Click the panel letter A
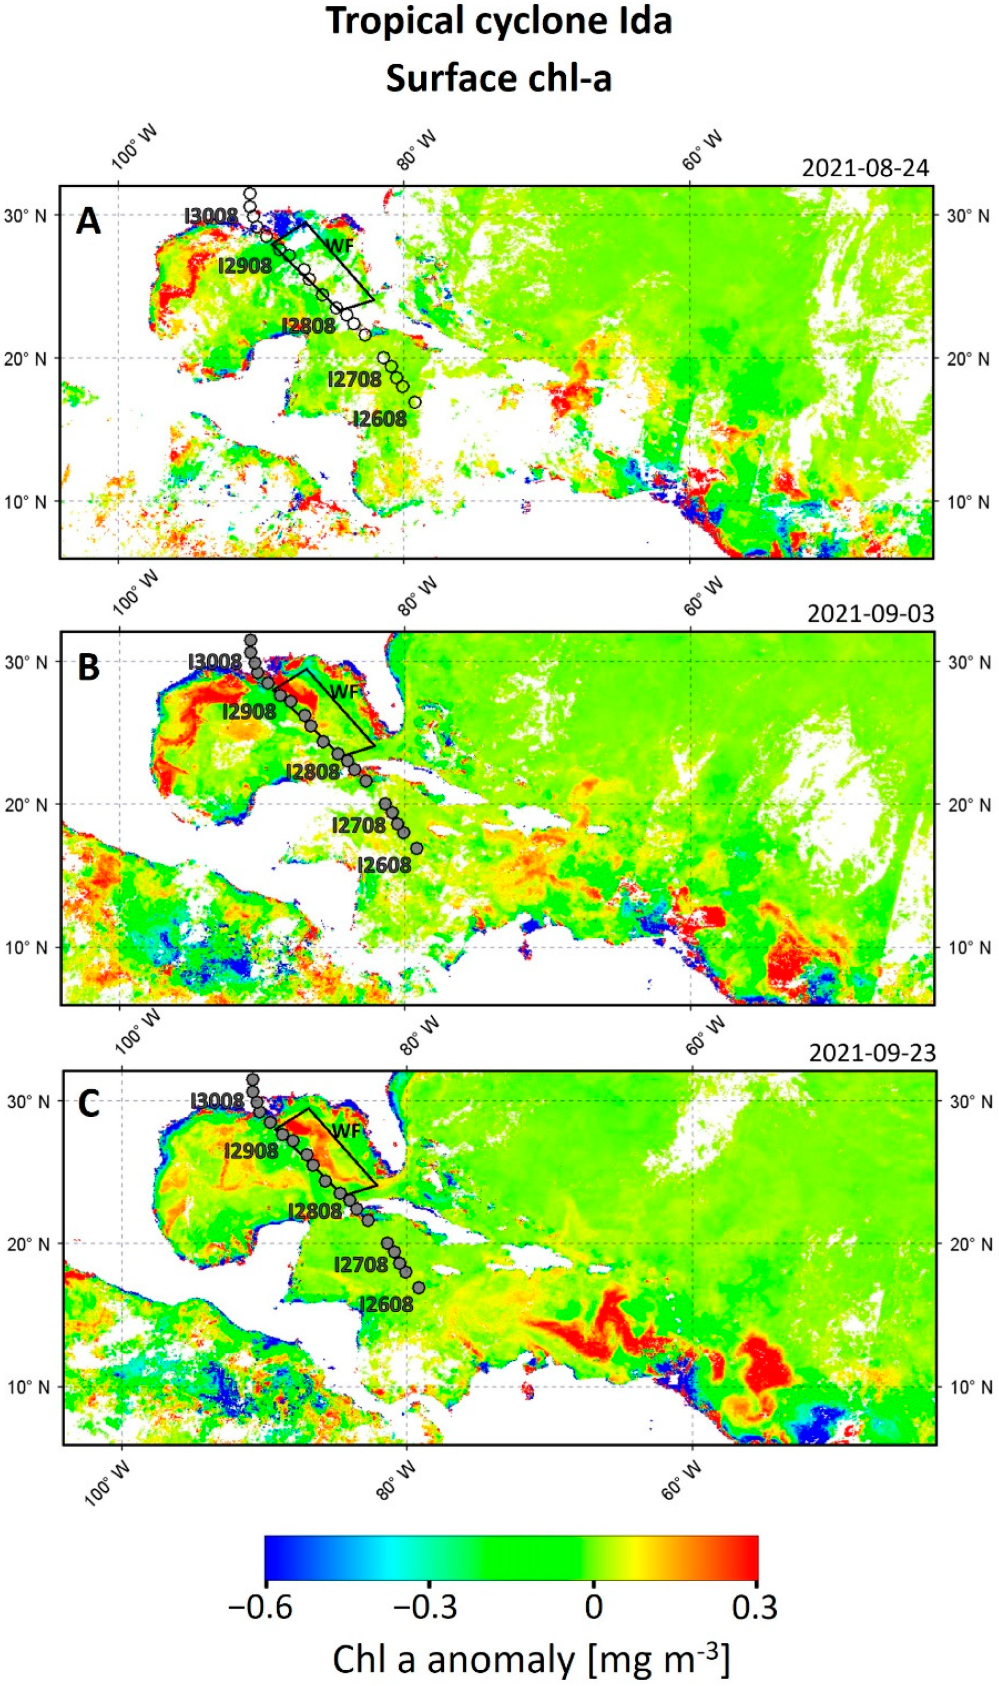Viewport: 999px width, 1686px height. [x=88, y=222]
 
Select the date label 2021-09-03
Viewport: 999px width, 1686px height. [x=870, y=615]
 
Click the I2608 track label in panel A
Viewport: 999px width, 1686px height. [x=381, y=419]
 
